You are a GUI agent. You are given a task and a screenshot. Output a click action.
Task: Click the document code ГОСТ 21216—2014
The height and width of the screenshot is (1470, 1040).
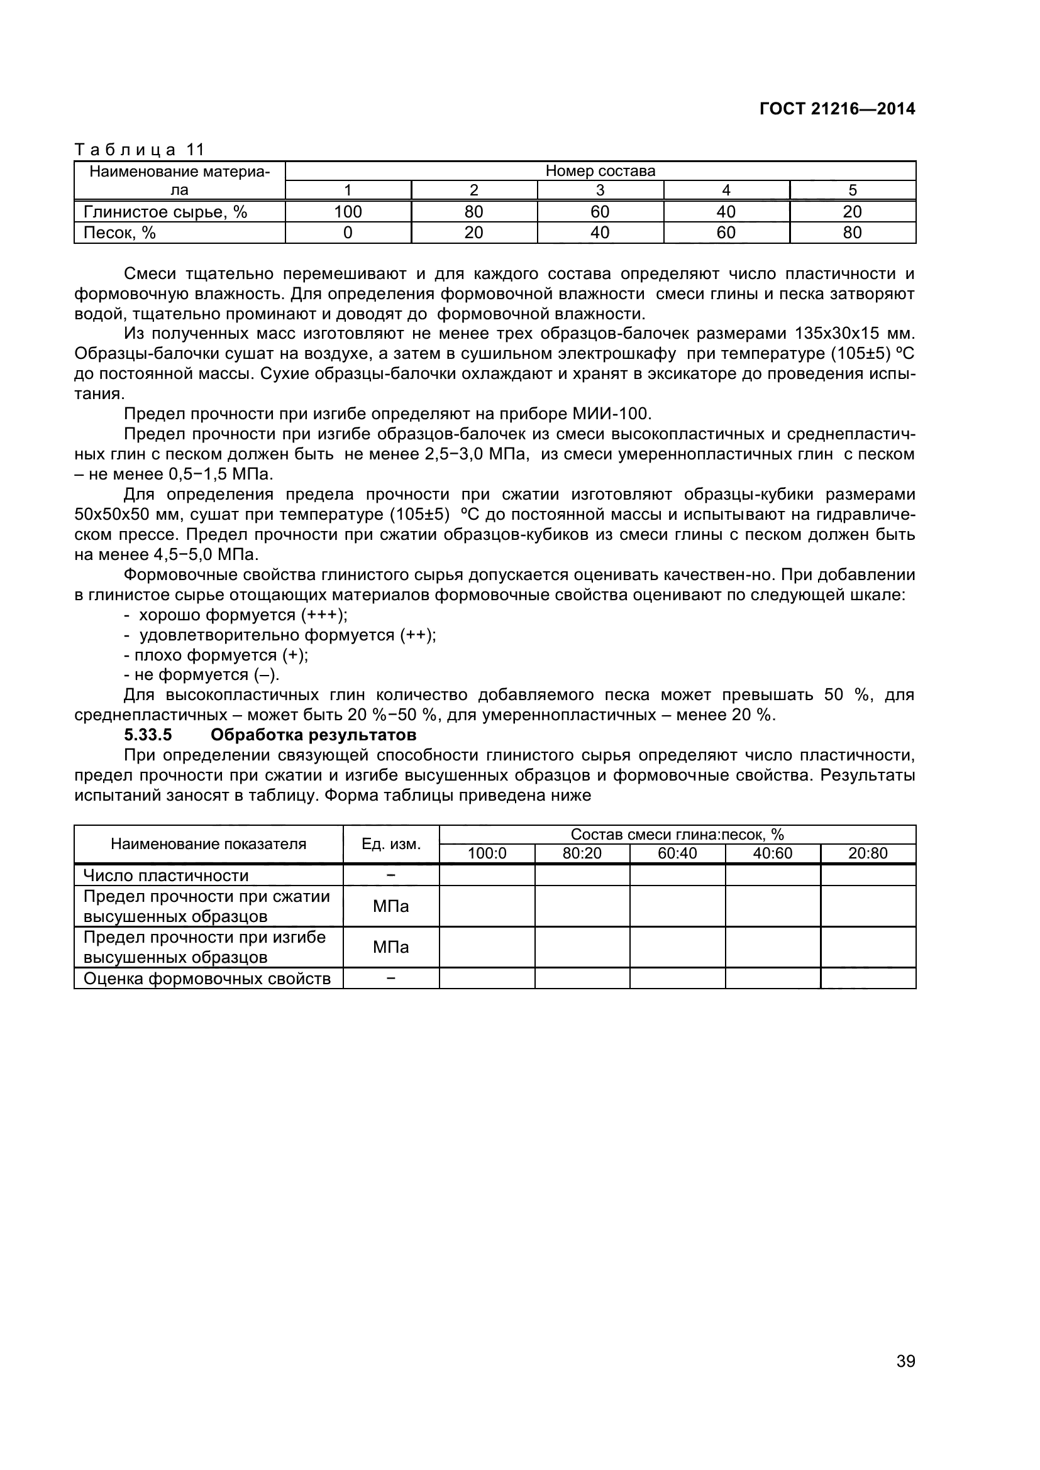click(x=837, y=109)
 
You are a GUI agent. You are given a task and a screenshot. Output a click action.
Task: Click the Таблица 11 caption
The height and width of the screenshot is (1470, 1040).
click(x=139, y=150)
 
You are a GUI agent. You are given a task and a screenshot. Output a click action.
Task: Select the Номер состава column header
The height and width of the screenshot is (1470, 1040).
click(x=600, y=171)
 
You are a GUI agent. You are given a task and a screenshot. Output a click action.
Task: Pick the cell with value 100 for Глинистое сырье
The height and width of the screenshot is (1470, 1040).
click(x=348, y=212)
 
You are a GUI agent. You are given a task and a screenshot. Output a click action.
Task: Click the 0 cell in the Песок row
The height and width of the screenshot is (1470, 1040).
click(x=348, y=233)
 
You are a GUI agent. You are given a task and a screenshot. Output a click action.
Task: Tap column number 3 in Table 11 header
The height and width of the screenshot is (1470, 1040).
click(x=600, y=190)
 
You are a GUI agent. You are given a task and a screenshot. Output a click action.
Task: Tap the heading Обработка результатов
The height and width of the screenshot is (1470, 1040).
click(x=314, y=734)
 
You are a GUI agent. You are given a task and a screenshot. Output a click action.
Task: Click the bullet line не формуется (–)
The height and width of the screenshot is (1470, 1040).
click(x=202, y=675)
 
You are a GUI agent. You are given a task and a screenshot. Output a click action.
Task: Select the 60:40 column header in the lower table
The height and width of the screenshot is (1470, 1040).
click(x=677, y=853)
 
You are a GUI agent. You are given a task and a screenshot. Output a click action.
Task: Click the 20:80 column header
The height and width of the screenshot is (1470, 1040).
click(x=868, y=853)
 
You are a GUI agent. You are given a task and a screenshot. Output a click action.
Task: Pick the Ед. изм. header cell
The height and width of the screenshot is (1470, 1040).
click(x=390, y=844)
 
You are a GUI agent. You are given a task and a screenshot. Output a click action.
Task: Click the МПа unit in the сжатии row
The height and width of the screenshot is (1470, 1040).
click(x=390, y=906)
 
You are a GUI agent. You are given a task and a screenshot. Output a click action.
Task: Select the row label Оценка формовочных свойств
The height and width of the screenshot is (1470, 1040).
click(x=207, y=979)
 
